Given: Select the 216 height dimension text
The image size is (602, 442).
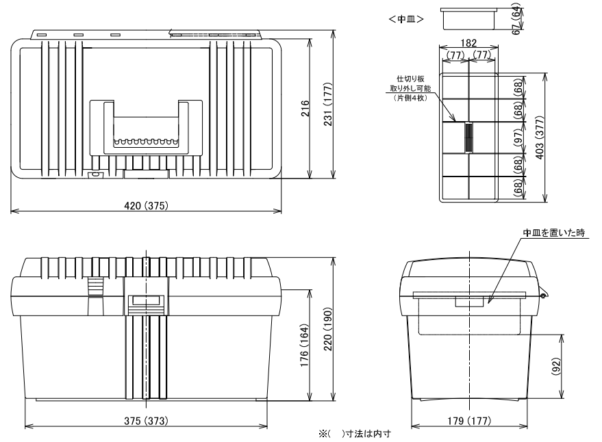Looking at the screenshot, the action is (305, 108).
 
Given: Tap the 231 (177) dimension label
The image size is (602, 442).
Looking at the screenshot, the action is (328, 104).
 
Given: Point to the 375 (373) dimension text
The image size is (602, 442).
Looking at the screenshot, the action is (147, 421).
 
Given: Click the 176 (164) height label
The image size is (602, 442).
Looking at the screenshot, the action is (305, 346).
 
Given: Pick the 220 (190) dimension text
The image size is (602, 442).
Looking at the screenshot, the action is (328, 329).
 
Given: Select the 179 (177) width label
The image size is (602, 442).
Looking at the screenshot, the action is (469, 421).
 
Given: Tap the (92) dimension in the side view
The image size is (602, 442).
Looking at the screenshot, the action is (556, 367).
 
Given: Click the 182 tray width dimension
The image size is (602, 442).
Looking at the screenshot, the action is (468, 42).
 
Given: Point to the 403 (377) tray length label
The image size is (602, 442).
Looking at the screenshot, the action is (540, 138).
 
